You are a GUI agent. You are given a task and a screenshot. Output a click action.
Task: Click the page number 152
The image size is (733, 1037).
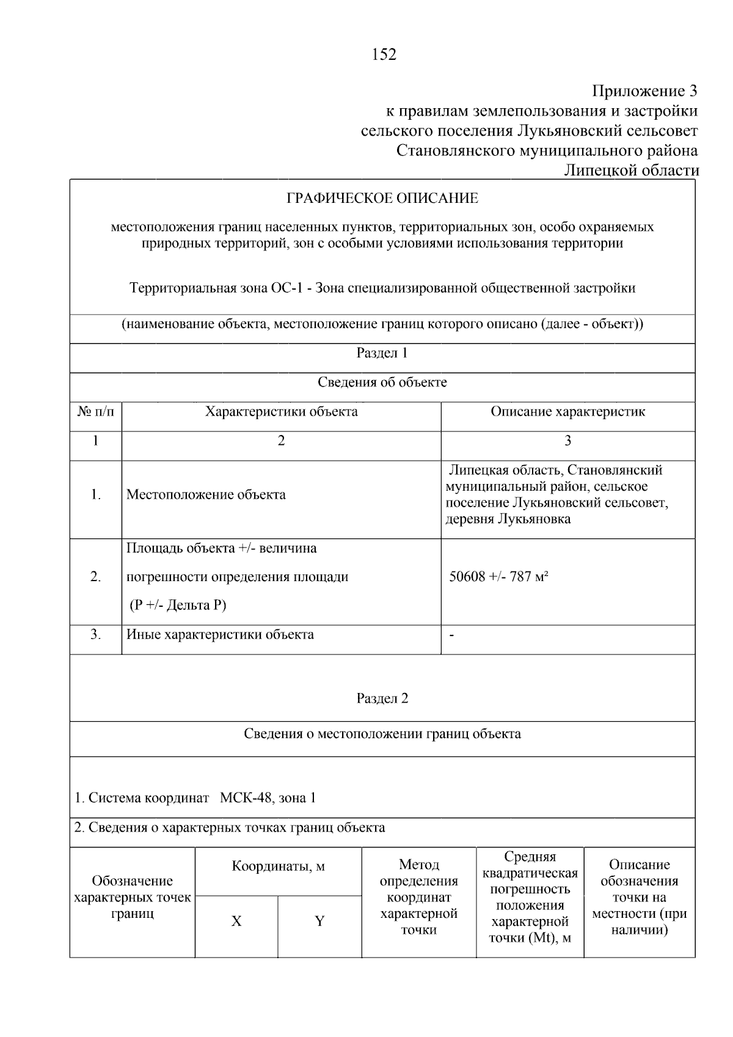[384, 55]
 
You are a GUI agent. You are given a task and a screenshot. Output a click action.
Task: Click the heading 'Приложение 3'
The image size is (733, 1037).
[644, 91]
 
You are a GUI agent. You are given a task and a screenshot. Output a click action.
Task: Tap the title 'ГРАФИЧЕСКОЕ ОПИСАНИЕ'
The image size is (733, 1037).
[382, 198]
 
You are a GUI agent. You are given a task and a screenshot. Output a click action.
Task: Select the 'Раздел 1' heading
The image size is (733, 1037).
[382, 353]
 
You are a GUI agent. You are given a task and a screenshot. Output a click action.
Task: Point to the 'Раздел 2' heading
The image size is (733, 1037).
[382, 698]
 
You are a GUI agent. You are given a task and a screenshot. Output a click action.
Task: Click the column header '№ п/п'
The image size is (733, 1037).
[95, 412]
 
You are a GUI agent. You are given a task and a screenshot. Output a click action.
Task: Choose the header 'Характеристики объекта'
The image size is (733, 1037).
[281, 412]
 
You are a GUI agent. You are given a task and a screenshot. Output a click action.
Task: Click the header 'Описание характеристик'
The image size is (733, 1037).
[567, 412]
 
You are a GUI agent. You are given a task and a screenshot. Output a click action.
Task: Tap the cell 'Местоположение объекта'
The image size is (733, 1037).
[206, 494]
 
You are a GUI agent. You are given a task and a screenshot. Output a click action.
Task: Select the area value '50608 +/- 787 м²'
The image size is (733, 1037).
[498, 576]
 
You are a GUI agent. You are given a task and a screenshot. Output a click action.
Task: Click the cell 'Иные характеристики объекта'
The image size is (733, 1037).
[220, 634]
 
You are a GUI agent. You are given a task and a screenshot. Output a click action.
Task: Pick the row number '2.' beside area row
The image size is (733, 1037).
[95, 576]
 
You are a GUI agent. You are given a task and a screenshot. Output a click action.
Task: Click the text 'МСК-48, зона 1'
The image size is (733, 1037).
[268, 797]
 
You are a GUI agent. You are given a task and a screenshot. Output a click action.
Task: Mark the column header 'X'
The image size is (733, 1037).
[236, 921]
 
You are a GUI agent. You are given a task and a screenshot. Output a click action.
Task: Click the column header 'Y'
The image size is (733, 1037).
[319, 921]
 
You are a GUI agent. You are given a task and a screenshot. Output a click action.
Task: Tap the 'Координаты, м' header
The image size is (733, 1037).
[278, 867]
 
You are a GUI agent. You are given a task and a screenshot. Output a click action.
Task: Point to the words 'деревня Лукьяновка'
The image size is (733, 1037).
[508, 519]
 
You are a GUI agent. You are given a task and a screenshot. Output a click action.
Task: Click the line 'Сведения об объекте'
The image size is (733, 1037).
[382, 383]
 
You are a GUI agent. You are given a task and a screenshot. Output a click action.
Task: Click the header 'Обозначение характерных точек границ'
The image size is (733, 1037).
[132, 897]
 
